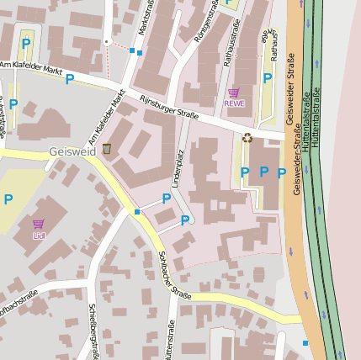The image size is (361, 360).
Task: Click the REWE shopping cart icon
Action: tap(233, 93)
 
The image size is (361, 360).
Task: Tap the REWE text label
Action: tap(233, 103)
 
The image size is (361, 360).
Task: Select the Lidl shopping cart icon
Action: tap(38, 225)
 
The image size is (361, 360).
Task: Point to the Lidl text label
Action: tap(38, 236)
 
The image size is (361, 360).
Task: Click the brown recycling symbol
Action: tap(247, 138)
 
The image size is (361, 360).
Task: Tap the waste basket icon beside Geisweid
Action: tap(107, 149)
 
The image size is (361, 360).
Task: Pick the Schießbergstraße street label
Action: tap(93, 328)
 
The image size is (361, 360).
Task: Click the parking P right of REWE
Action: tap(267, 79)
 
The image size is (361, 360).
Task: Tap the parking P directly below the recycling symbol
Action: tap(245, 172)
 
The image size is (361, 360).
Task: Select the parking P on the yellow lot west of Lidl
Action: tap(8, 199)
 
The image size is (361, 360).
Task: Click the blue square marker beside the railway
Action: tap(305, 342)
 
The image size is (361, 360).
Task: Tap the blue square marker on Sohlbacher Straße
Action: tap(137, 212)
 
